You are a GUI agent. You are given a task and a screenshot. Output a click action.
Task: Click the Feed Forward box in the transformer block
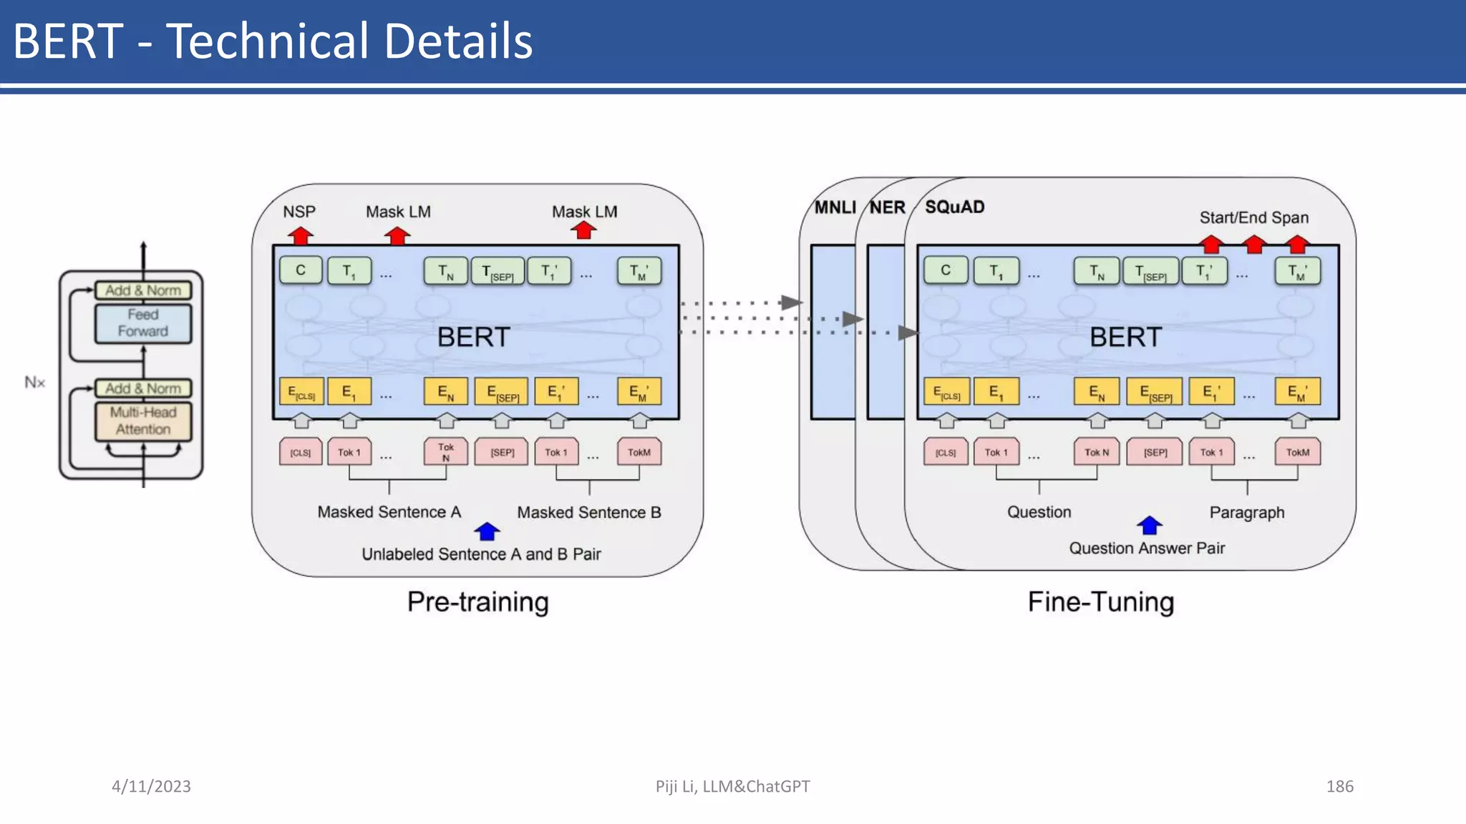tap(143, 323)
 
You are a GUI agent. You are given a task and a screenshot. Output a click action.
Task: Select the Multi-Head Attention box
tap(143, 421)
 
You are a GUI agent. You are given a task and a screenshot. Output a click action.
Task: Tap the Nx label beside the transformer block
tap(34, 382)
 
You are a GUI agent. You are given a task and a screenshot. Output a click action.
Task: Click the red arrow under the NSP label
tap(301, 235)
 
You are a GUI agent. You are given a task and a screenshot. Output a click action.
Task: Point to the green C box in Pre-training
tap(301, 270)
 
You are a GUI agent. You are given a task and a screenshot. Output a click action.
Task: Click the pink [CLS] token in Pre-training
tap(301, 452)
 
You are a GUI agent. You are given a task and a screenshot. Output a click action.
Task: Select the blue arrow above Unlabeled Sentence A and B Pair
tap(487, 531)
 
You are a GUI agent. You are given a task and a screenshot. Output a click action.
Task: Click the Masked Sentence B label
tap(589, 512)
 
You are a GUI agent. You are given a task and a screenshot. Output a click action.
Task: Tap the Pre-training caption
tap(478, 602)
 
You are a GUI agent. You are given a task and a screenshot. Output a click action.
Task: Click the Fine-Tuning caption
tap(1101, 602)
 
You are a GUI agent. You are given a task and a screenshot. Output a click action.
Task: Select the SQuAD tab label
tap(954, 207)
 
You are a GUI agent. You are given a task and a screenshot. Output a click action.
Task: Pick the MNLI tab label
tap(835, 207)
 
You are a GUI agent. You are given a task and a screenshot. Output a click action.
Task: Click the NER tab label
tap(888, 207)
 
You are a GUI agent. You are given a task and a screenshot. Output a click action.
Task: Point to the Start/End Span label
tap(1254, 217)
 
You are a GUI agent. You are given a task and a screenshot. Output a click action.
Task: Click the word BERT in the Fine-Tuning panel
tap(1125, 337)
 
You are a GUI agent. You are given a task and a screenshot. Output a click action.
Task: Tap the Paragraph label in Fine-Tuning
tap(1247, 512)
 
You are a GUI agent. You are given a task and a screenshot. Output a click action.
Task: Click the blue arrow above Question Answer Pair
tap(1150, 526)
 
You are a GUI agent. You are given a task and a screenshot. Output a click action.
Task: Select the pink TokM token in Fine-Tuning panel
tap(1297, 452)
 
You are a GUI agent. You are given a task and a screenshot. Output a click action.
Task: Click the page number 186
tap(1339, 786)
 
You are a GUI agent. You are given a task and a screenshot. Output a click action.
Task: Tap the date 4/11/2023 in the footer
tap(151, 786)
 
